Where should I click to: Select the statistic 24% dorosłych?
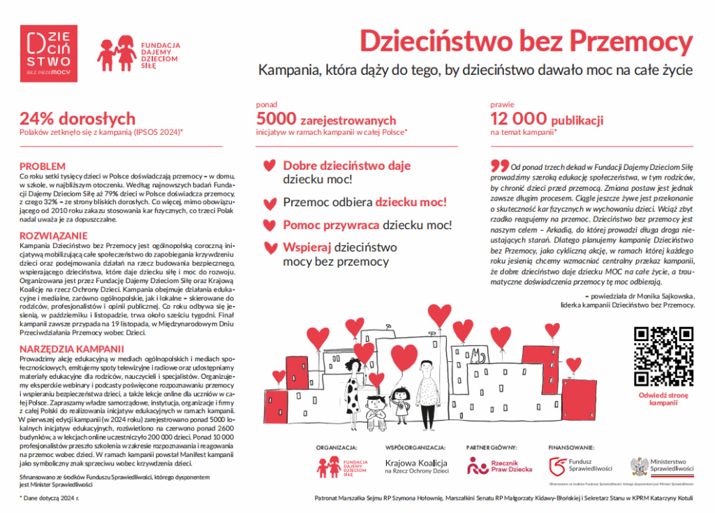pyautogui.click(x=78, y=119)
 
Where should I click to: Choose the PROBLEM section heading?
pyautogui.click(x=43, y=166)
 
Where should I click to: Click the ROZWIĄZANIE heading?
pyautogui.click(x=53, y=236)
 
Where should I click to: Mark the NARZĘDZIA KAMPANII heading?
pyautogui.click(x=73, y=347)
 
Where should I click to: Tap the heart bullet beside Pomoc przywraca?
pyautogui.click(x=267, y=226)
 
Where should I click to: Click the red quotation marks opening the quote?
pyautogui.click(x=499, y=166)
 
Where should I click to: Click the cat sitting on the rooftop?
pyautogui.click(x=478, y=356)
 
